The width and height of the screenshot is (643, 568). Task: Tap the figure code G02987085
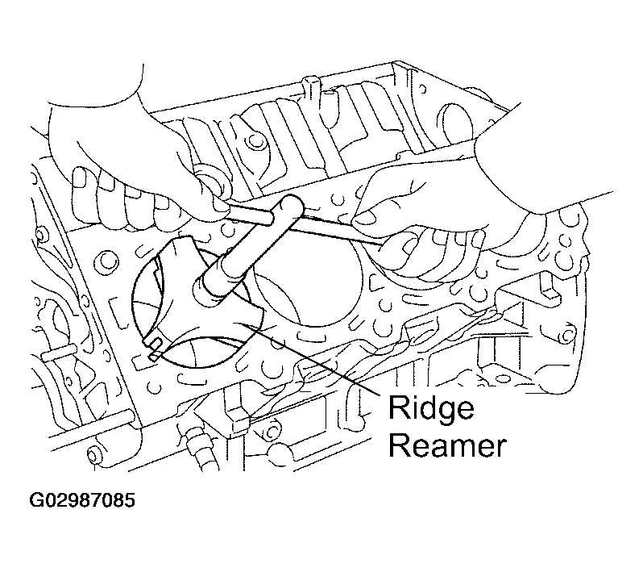click(82, 499)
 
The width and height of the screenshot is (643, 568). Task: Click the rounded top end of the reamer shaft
click(292, 203)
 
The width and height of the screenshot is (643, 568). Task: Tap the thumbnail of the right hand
click(363, 217)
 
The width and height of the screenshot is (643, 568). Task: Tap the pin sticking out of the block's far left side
click(58, 353)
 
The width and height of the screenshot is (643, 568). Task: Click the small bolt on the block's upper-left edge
click(39, 234)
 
